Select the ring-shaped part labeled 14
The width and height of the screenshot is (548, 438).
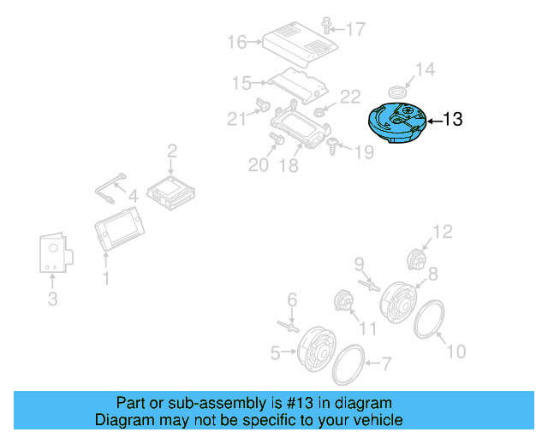[398, 91]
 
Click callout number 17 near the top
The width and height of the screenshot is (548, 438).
[354, 29]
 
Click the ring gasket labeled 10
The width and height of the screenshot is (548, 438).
[429, 323]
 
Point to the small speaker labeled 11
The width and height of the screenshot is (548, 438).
[344, 301]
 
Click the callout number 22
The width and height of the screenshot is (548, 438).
[351, 98]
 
